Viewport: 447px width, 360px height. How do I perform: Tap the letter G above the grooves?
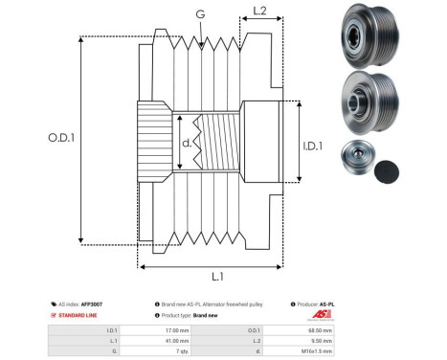[199, 14]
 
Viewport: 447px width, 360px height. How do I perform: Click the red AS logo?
[321, 315]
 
